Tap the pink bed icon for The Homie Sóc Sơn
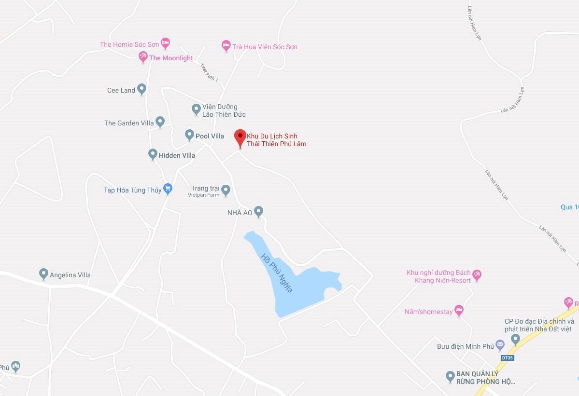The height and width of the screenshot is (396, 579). (165, 43)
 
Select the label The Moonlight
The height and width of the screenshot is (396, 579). (171, 58)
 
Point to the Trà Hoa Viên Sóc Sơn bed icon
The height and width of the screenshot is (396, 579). (226, 46)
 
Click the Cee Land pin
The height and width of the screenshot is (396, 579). (141, 89)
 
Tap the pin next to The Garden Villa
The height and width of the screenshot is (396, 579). (160, 122)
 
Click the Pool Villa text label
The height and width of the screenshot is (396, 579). (210, 136)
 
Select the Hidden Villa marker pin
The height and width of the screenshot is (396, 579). (153, 154)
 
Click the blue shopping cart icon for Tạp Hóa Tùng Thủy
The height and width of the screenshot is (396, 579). (168, 189)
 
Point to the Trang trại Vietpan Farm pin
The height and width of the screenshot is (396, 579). (226, 190)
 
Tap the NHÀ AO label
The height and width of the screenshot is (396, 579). (240, 212)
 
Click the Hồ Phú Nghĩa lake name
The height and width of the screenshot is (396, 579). (277, 273)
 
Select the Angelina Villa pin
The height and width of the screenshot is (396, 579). (43, 274)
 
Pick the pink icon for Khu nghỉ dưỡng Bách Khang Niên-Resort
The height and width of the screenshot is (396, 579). (477, 275)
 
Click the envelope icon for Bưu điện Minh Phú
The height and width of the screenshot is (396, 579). (500, 345)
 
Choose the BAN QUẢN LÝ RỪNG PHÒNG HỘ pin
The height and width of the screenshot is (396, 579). (450, 376)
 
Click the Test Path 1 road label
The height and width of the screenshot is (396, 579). (210, 72)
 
